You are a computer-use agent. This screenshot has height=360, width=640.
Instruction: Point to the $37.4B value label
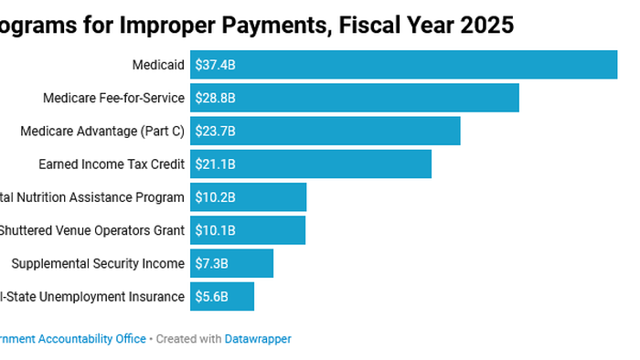215,65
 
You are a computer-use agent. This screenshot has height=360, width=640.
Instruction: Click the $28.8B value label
215,98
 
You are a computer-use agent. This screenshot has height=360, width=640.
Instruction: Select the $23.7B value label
215,131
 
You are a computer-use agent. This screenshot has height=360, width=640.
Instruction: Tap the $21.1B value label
215,164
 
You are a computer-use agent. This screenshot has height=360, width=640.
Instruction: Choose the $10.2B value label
215,197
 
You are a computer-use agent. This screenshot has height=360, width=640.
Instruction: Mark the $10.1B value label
215,230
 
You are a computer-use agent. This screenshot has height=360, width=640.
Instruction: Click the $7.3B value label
211,263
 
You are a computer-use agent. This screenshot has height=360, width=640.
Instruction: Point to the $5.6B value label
211,296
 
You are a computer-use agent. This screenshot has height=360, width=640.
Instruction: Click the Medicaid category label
158,65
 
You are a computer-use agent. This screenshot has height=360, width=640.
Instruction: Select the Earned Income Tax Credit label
112,164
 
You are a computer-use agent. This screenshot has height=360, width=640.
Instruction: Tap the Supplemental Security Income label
98,263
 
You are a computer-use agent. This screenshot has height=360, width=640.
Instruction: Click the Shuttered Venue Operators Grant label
91,230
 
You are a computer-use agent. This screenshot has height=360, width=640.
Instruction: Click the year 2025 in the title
485,25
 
